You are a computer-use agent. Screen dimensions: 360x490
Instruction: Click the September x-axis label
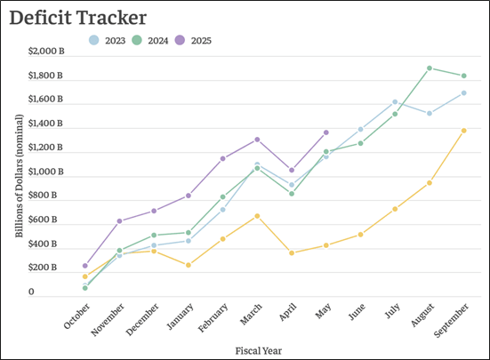[452, 318]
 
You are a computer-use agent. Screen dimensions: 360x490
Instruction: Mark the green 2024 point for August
[429, 68]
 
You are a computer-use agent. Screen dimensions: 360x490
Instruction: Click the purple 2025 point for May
[325, 132]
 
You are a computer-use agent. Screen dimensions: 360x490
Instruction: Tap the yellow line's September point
[463, 131]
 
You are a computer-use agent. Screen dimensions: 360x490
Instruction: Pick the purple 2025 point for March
[257, 140]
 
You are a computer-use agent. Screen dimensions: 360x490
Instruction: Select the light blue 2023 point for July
[395, 102]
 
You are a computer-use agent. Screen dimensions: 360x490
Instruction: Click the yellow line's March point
[257, 216]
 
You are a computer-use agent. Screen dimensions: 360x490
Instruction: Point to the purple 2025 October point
[85, 266]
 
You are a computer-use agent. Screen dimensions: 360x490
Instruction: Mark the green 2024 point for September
[463, 76]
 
